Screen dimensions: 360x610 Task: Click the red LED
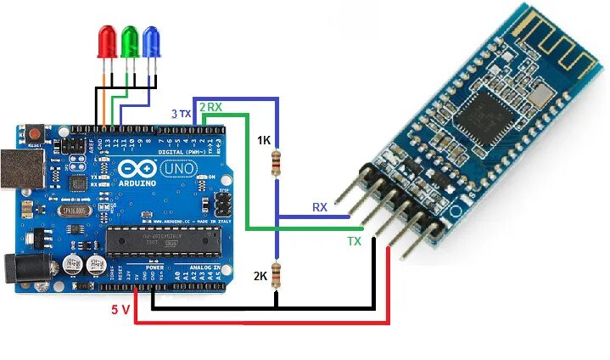coord(109,41)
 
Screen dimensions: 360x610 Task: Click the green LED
coord(130,41)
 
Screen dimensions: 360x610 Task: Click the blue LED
coord(151,41)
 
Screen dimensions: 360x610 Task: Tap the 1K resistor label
coord(265,140)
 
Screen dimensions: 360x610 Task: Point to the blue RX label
coord(320,207)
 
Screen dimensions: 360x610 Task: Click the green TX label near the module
coord(354,241)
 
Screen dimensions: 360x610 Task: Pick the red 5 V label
coord(120,310)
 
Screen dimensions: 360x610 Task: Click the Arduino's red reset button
coord(36,134)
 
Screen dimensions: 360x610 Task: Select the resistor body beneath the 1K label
coord(275,162)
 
